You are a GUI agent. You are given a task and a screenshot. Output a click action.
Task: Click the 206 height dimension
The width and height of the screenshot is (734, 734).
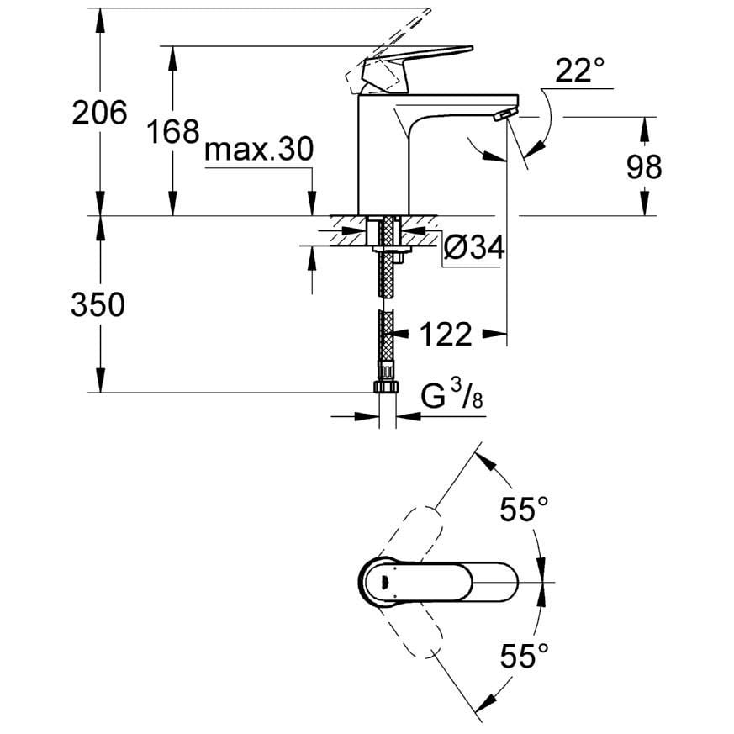(99, 113)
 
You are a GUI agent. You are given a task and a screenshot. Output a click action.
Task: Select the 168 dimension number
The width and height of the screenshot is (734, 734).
(172, 131)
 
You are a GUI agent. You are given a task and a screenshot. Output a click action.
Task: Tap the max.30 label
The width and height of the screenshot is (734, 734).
(259, 150)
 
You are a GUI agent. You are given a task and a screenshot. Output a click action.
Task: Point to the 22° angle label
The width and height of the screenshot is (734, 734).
(579, 71)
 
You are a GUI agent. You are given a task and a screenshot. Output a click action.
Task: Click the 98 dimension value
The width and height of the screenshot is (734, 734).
(644, 166)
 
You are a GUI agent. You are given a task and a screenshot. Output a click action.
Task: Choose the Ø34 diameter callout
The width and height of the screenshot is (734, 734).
(473, 246)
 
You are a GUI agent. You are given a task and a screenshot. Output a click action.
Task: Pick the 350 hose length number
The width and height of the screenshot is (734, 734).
(98, 304)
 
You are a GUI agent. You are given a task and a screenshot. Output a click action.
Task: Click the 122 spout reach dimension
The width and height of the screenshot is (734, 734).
(446, 334)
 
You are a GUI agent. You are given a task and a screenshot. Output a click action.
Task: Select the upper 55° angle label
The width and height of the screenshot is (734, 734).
(524, 509)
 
